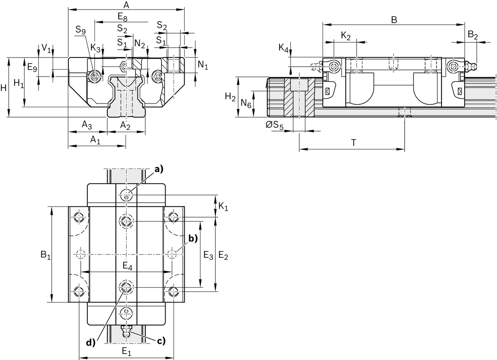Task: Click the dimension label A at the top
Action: click(126, 5)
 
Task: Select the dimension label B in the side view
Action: click(394, 20)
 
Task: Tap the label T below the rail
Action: click(353, 143)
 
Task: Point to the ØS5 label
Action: click(275, 125)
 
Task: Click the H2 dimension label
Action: click(230, 97)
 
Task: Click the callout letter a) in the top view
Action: click(159, 168)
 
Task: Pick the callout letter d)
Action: click(90, 342)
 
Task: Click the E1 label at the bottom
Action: click(126, 353)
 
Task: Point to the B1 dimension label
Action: click(46, 255)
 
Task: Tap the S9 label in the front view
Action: click(81, 29)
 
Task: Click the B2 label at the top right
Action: click(473, 36)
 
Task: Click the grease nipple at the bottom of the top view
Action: click(126, 331)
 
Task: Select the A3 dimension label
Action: click(87, 125)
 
